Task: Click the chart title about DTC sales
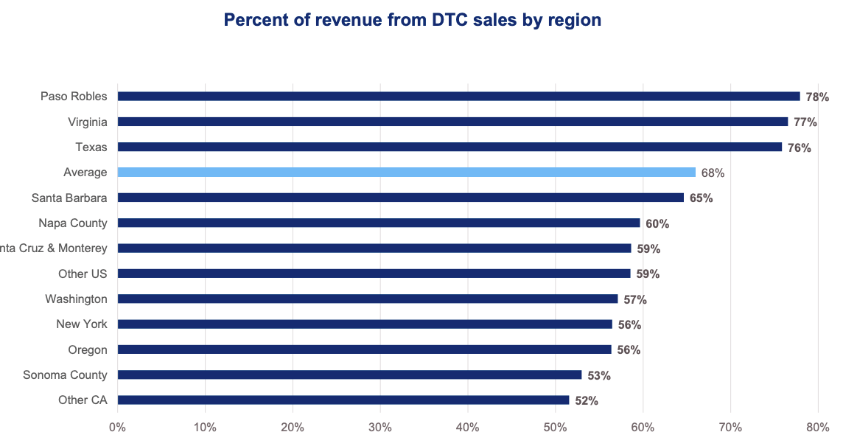pyautogui.click(x=413, y=21)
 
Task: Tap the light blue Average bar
pyautogui.click(x=406, y=173)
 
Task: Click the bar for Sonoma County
pyautogui.click(x=349, y=374)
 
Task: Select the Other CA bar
pyautogui.click(x=343, y=400)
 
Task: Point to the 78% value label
pyautogui.click(x=817, y=97)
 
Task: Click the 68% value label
pyautogui.click(x=713, y=173)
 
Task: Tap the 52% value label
pyautogui.click(x=587, y=401)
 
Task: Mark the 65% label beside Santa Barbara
pyautogui.click(x=701, y=198)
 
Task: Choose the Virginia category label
pyautogui.click(x=87, y=122)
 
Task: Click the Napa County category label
pyautogui.click(x=73, y=223)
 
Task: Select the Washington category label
pyautogui.click(x=76, y=299)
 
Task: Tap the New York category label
pyautogui.click(x=82, y=324)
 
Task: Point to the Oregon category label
pyautogui.click(x=88, y=349)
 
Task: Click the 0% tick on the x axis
pyautogui.click(x=117, y=427)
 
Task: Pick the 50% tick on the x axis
pyautogui.click(x=555, y=427)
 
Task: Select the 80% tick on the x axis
pyautogui.click(x=818, y=427)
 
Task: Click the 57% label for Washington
pyautogui.click(x=634, y=299)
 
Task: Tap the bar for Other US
pyautogui.click(x=374, y=273)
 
